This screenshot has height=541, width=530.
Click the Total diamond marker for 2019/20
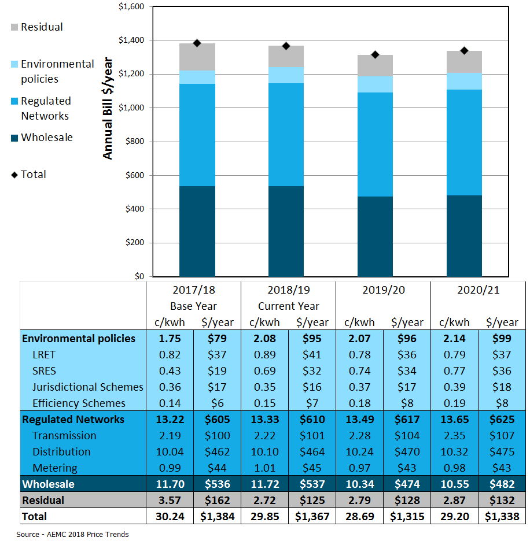(375, 55)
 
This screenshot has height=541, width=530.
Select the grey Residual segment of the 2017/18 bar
(197, 57)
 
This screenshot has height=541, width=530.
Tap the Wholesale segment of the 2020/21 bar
(464, 236)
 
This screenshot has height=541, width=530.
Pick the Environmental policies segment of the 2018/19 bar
(286, 75)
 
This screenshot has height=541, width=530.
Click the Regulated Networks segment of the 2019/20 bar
(375, 144)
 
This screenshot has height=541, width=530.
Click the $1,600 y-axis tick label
(133, 7)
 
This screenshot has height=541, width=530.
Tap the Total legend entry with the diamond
(29, 175)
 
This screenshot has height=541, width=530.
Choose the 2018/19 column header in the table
(288, 290)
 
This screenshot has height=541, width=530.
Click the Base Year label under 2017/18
(193, 306)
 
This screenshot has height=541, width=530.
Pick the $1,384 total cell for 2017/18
(217, 516)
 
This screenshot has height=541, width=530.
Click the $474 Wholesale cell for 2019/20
(407, 484)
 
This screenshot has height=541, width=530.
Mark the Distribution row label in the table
(61, 451)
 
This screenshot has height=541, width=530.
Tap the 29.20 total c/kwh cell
(454, 516)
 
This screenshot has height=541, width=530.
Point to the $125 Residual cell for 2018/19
(312, 500)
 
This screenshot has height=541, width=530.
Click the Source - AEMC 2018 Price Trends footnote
(72, 534)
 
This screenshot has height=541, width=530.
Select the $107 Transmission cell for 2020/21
(502, 435)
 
